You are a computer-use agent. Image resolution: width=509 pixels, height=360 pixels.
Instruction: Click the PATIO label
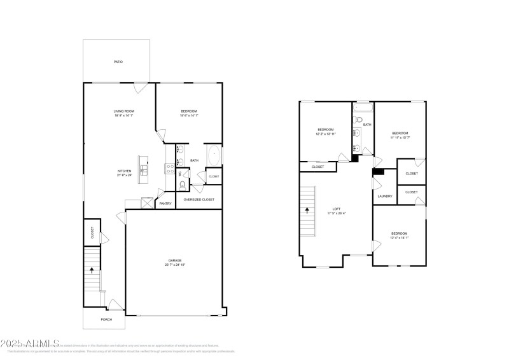pos(118,62)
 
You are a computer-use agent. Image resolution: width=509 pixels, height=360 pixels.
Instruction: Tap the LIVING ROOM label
pos(124,111)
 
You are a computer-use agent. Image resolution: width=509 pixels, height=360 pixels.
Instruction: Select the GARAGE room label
pos(175,260)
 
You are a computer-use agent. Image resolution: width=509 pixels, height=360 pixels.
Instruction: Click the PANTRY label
pos(165,204)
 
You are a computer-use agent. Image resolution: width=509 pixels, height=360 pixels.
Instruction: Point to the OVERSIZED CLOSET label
pos(199,200)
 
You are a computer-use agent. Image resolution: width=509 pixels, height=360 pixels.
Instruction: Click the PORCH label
pos(106,319)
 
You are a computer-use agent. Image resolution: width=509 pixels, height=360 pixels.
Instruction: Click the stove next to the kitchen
pos(170,169)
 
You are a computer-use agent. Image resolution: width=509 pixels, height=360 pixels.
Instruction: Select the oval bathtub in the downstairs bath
pos(214,155)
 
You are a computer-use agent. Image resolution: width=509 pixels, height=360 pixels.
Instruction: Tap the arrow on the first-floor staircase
pos(94,270)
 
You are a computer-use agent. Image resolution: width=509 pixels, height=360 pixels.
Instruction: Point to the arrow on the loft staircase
pos(308,209)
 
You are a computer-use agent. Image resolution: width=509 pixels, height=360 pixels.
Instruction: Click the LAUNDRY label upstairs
pos(385,197)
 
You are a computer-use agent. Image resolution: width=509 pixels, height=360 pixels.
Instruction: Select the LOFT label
pos(337,209)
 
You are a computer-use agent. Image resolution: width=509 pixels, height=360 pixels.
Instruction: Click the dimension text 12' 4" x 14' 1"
pos(399,238)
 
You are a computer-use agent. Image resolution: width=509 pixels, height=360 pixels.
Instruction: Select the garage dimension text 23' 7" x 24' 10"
pos(175,265)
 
